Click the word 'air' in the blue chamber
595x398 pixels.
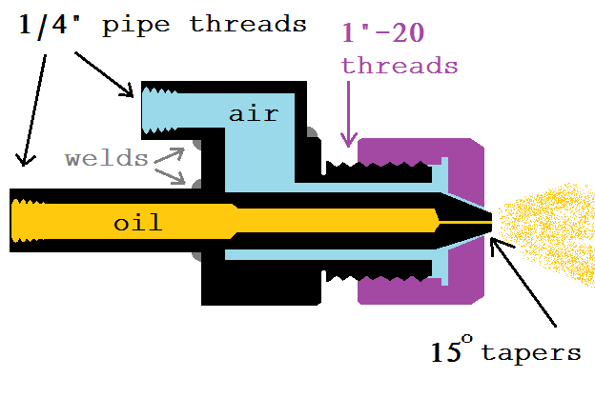pyautogui.click(x=253, y=114)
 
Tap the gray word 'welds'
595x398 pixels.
pyautogui.click(x=107, y=158)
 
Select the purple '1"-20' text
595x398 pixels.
pyautogui.click(x=381, y=35)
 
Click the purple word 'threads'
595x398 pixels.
pyautogui.click(x=400, y=66)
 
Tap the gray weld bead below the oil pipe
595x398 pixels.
pyautogui.click(x=198, y=254)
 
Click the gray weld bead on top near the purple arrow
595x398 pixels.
pyautogui.click(x=312, y=133)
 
